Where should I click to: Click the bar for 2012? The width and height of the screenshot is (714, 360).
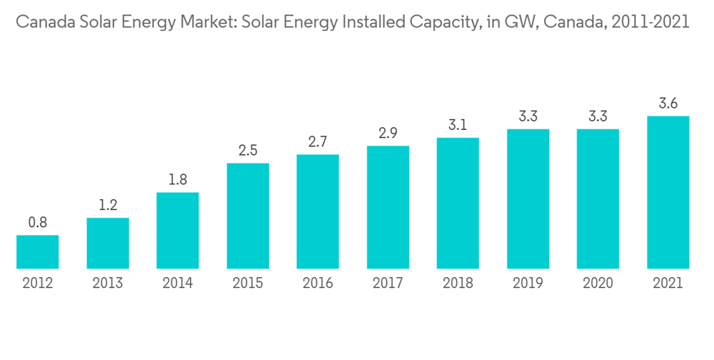tap(37, 252)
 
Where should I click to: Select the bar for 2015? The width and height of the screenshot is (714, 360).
tap(248, 216)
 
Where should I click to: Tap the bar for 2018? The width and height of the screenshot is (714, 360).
tap(458, 203)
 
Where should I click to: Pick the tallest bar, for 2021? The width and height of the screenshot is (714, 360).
tap(668, 192)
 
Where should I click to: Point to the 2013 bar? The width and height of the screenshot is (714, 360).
tap(108, 244)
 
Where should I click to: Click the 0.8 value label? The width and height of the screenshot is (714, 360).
tap(37, 223)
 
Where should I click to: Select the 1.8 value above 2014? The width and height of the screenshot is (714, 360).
tap(177, 180)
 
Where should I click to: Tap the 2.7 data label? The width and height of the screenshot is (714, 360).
tap(317, 142)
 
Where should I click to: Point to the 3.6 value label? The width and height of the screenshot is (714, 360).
tap(668, 104)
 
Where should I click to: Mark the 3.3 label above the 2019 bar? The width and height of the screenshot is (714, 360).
tap(528, 116)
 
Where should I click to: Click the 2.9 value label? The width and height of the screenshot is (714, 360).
tap(388, 134)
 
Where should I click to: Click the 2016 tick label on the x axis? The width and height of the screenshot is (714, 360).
tap(317, 284)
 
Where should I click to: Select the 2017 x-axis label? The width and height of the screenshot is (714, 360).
tap(388, 284)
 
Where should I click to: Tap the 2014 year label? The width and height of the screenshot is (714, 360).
tap(177, 284)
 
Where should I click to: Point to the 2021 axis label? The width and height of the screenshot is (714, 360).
tap(668, 284)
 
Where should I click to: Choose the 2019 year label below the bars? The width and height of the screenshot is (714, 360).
tap(528, 284)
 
